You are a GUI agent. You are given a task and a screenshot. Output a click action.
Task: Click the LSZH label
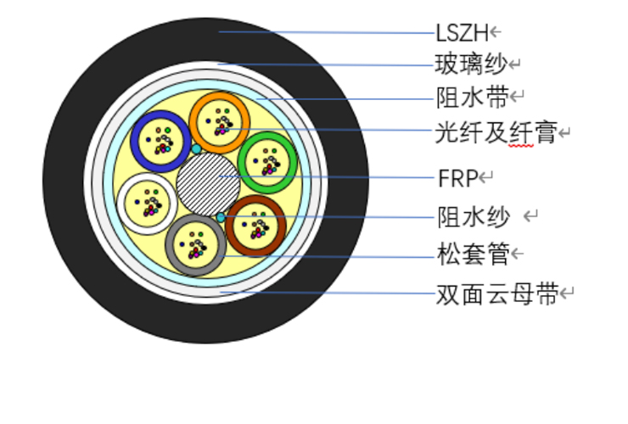point(463,33)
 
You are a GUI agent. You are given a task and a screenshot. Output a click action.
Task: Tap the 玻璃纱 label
point(471,64)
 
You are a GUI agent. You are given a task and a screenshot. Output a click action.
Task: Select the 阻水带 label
point(473,97)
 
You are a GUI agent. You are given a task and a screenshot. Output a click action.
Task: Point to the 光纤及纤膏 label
point(496,132)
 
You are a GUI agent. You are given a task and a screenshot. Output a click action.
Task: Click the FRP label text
point(458,178)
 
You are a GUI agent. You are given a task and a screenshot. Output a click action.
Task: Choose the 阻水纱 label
point(474,217)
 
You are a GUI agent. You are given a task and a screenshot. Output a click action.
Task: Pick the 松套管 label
point(474,254)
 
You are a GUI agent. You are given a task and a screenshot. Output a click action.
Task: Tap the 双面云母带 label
point(497,294)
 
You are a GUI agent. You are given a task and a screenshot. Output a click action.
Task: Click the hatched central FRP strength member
point(208,184)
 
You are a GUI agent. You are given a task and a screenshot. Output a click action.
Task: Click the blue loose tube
point(135,142)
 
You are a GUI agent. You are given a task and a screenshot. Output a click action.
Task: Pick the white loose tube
point(121,204)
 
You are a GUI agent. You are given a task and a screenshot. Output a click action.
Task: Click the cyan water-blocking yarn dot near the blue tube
point(196,149)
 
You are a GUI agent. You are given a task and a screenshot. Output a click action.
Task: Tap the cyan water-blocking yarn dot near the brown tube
point(221,217)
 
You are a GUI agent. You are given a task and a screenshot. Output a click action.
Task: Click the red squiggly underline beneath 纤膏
point(521,146)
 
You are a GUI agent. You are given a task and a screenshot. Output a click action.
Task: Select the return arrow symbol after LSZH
point(496,31)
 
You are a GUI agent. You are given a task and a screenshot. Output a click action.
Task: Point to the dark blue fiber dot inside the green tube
point(255,161)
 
